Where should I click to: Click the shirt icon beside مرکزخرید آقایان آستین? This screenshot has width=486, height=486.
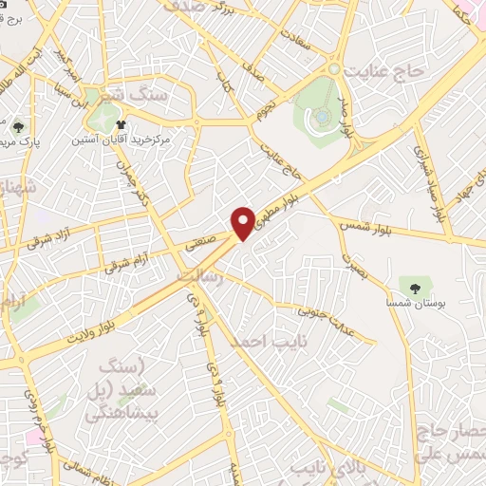121,124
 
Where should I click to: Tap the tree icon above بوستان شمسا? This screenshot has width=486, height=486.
414,285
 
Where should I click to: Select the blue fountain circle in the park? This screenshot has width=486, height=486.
323,116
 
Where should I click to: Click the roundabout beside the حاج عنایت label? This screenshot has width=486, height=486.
333,69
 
